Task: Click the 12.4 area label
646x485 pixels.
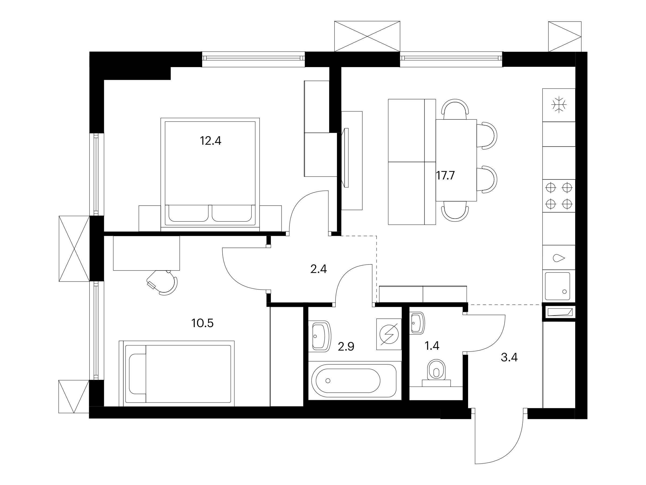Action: pyautogui.click(x=210, y=141)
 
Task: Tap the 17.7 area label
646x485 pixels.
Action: pyautogui.click(x=445, y=176)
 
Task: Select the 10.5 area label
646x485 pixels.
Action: pyautogui.click(x=202, y=323)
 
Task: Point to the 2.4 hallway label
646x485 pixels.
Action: pyautogui.click(x=318, y=269)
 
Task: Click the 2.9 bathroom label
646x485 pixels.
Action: pyautogui.click(x=346, y=347)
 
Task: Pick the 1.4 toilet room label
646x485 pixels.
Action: pyautogui.click(x=432, y=346)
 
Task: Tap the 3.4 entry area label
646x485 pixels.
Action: pyautogui.click(x=509, y=358)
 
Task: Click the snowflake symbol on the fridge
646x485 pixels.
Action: pyautogui.click(x=559, y=104)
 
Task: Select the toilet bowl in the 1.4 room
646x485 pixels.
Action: pyautogui.click(x=436, y=372)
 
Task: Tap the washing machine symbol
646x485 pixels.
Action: pyautogui.click(x=389, y=334)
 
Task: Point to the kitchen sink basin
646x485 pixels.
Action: pyautogui.click(x=557, y=286)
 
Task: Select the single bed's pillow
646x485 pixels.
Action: pyautogui.click(x=138, y=374)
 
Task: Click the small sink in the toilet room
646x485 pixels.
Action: pyautogui.click(x=417, y=323)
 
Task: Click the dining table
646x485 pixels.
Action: pyautogui.click(x=456, y=160)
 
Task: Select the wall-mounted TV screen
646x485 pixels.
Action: pyautogui.click(x=347, y=158)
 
